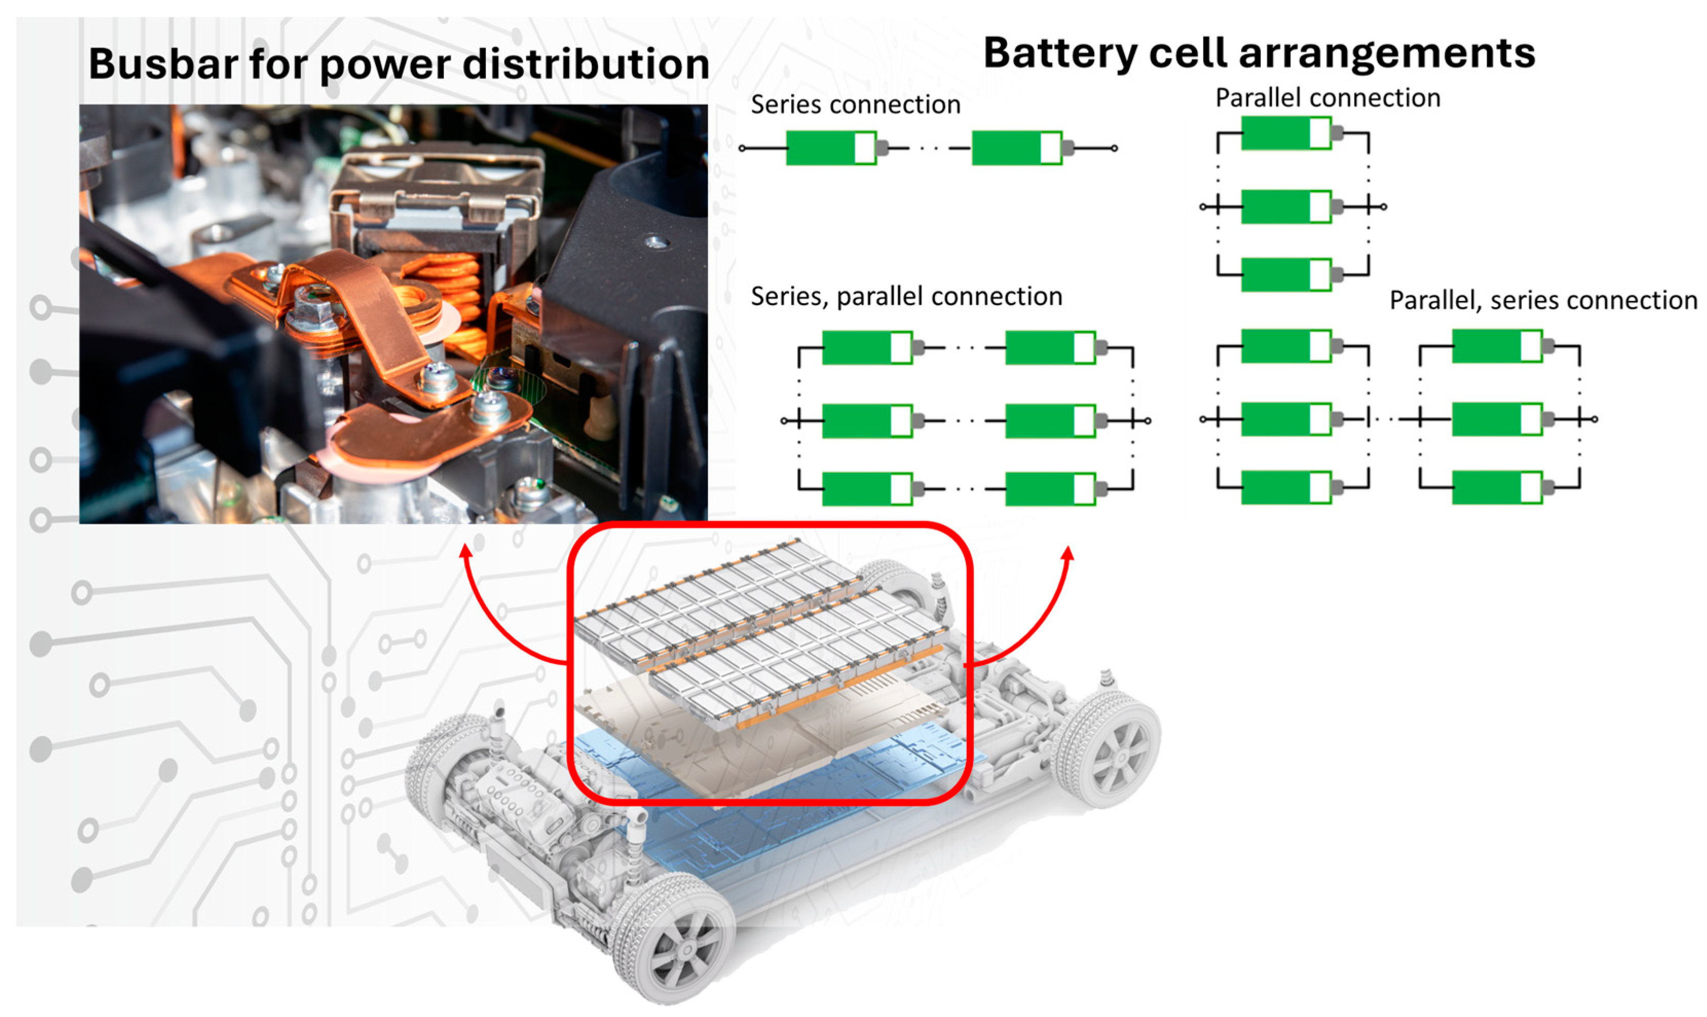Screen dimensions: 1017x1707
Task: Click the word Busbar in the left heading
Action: tap(162, 64)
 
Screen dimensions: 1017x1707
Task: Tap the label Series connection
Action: tap(855, 105)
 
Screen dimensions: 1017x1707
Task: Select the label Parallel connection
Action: tap(1327, 98)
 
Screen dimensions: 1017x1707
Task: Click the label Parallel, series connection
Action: tap(1543, 300)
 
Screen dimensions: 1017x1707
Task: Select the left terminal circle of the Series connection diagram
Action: tap(742, 148)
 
